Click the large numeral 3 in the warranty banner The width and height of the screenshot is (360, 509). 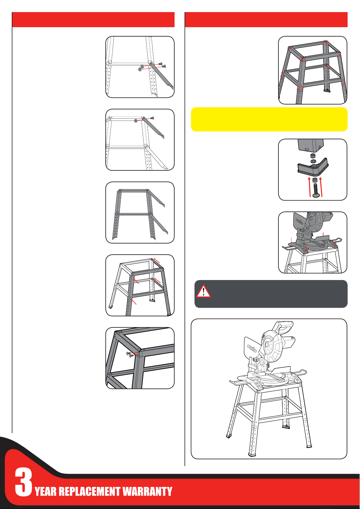[x=23, y=482]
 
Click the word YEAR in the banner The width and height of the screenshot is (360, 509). [x=45, y=491]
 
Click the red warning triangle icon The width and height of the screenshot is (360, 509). [x=204, y=291]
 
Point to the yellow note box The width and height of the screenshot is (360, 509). [x=269, y=119]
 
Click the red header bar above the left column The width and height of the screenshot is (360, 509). [x=93, y=20]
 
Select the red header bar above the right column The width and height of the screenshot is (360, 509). [x=266, y=20]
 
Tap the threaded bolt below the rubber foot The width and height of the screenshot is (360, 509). [x=316, y=190]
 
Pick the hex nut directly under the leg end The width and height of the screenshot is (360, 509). [x=313, y=156]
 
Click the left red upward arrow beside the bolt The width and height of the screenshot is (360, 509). [x=309, y=187]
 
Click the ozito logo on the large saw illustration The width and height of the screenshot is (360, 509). [x=252, y=348]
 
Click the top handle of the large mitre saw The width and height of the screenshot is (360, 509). [x=284, y=327]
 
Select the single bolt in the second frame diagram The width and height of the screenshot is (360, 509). [x=152, y=118]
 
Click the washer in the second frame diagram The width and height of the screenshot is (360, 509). [x=136, y=121]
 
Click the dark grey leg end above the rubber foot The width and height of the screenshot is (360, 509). [x=310, y=145]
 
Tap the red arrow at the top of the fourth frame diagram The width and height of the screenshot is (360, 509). [x=157, y=260]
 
